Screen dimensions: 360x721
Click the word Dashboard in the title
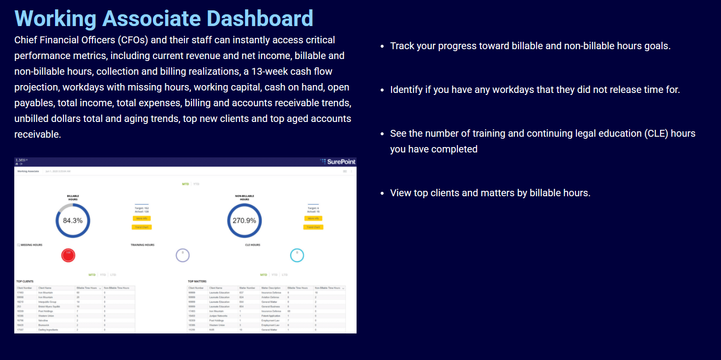coord(257,18)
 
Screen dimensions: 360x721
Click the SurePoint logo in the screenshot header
coord(338,161)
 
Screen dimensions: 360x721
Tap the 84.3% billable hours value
coord(73,221)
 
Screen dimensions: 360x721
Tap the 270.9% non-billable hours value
coord(244,221)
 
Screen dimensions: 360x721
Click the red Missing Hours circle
coord(68,255)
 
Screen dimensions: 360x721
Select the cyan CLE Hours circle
coord(297,255)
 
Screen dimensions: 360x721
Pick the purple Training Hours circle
coord(182,255)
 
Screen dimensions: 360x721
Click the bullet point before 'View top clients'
coord(382,193)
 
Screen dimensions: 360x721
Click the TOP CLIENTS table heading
coord(25,281)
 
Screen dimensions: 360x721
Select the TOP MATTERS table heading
coord(197,281)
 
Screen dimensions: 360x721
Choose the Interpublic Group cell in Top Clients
coord(47,301)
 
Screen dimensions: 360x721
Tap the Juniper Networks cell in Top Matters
coord(219,315)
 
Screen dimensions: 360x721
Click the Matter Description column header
coord(271,288)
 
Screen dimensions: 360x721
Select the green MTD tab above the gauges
coord(185,184)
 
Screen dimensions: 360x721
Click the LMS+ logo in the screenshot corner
coord(22,160)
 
